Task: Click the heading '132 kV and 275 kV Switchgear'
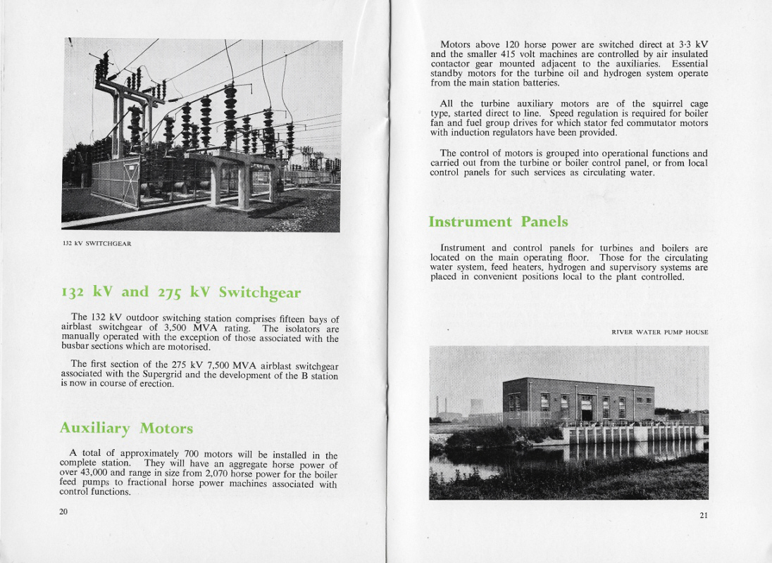coord(180,292)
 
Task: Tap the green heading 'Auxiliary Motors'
coord(126,428)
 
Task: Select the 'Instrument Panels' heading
coord(498,222)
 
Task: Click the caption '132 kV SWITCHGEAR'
coord(96,244)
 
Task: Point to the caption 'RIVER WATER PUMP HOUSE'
coord(659,332)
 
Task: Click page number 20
coord(63,511)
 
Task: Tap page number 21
coord(703,515)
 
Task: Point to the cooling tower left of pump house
coord(476,407)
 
